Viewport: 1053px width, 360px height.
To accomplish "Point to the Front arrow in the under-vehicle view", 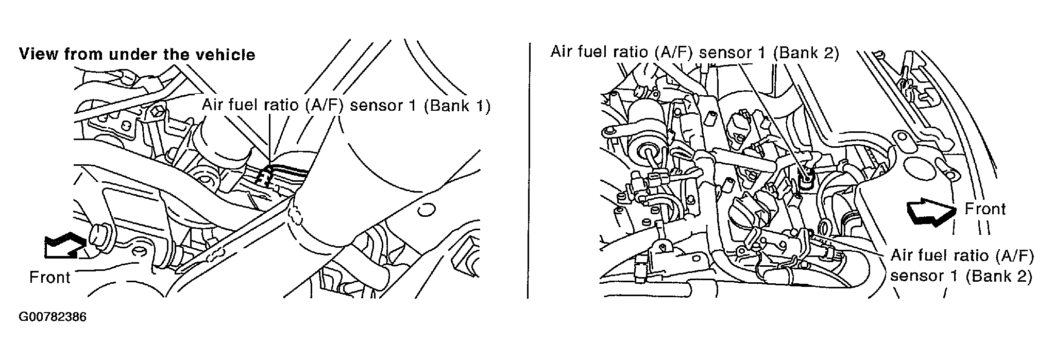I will pyautogui.click(x=64, y=244).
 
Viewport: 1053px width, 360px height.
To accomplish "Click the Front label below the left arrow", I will pyautogui.click(x=49, y=278).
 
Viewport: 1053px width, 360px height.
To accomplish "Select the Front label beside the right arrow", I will pyautogui.click(x=984, y=209).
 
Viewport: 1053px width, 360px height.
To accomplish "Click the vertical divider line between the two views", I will pyautogui.click(x=529, y=170).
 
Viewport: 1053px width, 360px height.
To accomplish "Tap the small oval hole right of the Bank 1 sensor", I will pyautogui.click(x=425, y=211).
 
